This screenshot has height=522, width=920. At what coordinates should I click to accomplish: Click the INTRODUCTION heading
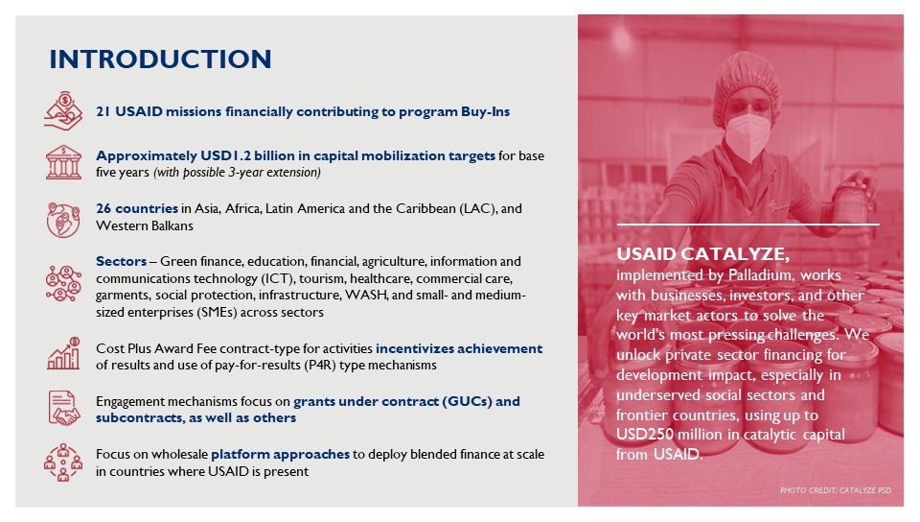coord(160,59)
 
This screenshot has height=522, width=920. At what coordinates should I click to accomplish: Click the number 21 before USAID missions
coord(103,111)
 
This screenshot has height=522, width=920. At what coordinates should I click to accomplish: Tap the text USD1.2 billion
coord(227,155)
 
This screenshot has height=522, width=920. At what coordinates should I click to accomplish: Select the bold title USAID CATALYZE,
coord(703,254)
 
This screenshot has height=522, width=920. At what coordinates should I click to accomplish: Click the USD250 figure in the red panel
coord(649,436)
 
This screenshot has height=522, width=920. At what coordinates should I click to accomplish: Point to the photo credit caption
coord(836,490)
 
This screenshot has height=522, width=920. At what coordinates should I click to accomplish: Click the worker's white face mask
coord(746,133)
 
